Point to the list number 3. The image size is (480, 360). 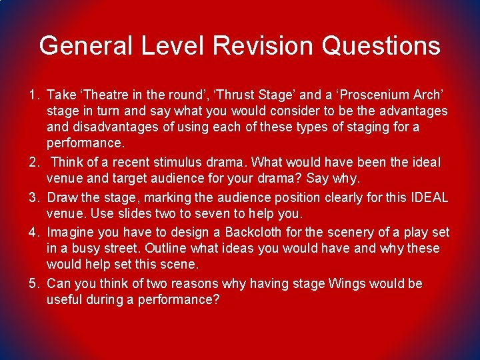point(33,197)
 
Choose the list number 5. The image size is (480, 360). point(33,284)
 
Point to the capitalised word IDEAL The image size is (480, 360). point(429,197)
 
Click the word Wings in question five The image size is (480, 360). point(347,284)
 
